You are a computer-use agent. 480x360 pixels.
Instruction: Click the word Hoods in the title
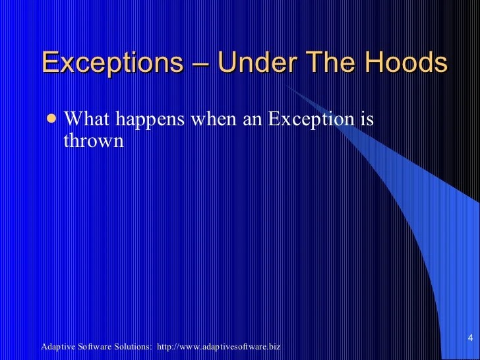(404, 63)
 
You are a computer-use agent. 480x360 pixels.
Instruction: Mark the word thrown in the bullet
(93, 140)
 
